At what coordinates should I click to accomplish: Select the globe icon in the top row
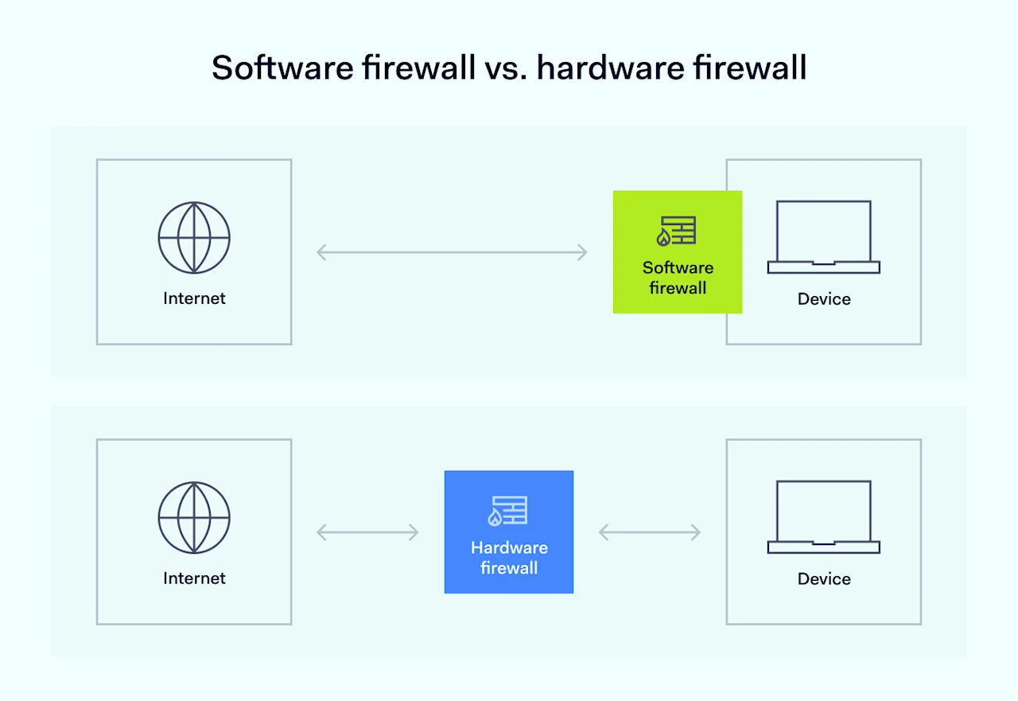(194, 238)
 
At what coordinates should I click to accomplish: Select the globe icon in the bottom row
(194, 517)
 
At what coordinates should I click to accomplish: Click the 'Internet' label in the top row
(194, 298)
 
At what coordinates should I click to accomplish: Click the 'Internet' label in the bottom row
(194, 578)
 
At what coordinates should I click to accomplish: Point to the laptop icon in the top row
(824, 237)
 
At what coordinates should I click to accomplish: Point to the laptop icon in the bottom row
(824, 517)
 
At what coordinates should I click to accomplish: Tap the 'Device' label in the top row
(824, 299)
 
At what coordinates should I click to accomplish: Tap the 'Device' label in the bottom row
(824, 578)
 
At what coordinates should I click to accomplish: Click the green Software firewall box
(677, 251)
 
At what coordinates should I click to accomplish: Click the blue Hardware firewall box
(509, 532)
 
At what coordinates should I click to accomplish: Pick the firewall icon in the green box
(676, 231)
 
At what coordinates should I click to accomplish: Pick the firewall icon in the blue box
(508, 511)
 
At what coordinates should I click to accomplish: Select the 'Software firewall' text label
(678, 278)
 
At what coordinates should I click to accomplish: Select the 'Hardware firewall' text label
(509, 558)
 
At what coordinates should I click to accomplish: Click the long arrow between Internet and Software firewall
(452, 253)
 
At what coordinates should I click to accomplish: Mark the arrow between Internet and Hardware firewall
(367, 532)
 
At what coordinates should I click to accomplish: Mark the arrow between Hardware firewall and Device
(650, 532)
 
